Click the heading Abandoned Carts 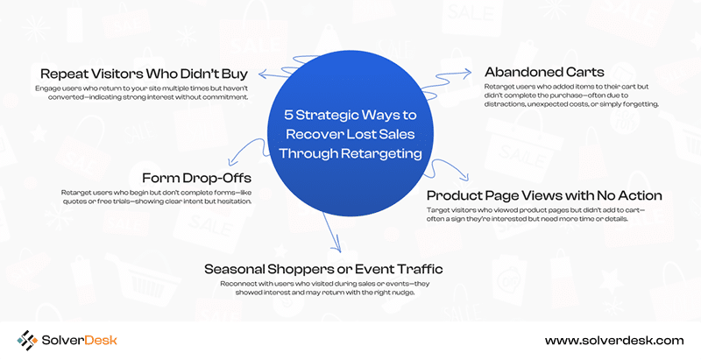click(544, 72)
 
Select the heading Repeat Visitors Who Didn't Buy click(144, 74)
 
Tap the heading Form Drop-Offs click(196, 178)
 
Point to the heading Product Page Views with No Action click(544, 195)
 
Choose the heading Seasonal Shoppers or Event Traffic click(323, 269)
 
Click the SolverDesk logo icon click(27, 341)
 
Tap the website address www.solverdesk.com click(614, 341)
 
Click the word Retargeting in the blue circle click(381, 153)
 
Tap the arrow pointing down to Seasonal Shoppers click(332, 232)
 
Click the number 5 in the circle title click(288, 116)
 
